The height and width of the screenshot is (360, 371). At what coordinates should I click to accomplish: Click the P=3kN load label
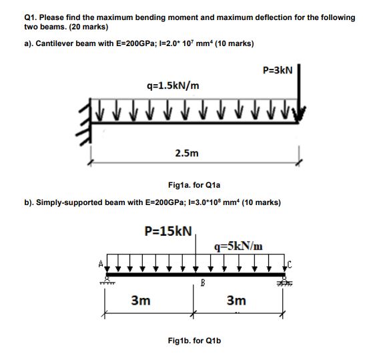(x=278, y=70)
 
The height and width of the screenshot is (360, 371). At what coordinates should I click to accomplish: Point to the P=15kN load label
(x=168, y=232)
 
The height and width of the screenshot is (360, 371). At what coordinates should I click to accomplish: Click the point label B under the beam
(x=200, y=283)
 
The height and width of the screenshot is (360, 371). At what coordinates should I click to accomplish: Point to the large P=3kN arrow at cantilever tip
(x=302, y=90)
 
